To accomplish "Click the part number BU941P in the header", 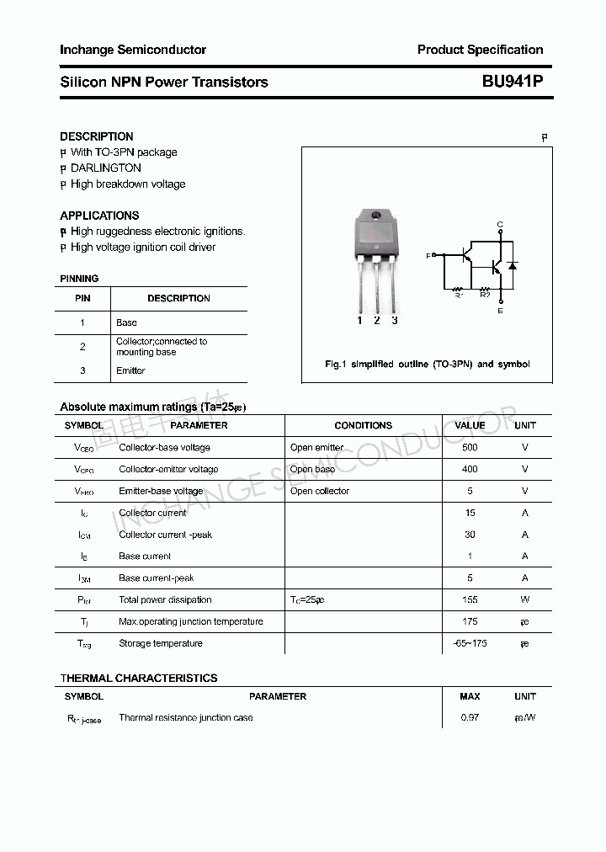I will point(512,82).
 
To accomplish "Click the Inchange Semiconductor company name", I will point(133,50).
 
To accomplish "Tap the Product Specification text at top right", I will point(480,50).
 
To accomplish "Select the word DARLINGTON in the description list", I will point(105,168).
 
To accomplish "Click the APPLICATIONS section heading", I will point(99,216).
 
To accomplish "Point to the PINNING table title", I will point(79,279).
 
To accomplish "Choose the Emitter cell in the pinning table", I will point(130,370).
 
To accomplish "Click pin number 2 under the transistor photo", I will point(376,320).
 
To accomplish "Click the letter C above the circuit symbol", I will point(500,224).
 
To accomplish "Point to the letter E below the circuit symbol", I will point(500,311).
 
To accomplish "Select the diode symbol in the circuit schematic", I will point(512,266).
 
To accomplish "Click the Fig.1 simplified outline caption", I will point(427,365).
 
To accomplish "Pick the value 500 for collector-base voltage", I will point(470,447).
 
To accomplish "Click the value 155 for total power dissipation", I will point(470,599).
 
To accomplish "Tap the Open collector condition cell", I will point(319,491).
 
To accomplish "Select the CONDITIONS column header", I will point(363,425).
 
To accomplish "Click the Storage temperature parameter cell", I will point(160,643).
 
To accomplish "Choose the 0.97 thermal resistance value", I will point(470,717).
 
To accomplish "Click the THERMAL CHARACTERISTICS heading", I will point(138,678).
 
